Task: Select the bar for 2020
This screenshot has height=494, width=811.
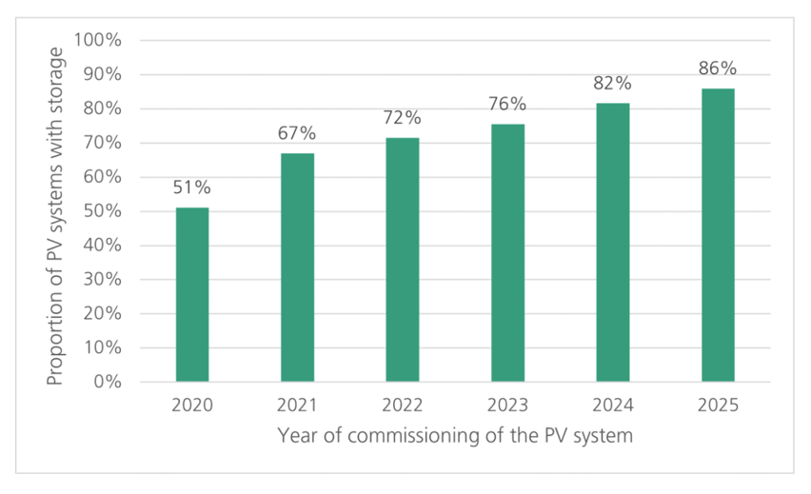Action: pyautogui.click(x=192, y=295)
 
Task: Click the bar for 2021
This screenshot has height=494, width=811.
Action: pyautogui.click(x=297, y=267)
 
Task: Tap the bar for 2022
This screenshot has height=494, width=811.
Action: pyautogui.click(x=403, y=260)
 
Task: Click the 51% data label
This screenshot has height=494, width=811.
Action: pyautogui.click(x=191, y=188)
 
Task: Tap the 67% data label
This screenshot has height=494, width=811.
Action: pyautogui.click(x=297, y=133)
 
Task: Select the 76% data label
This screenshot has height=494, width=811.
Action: pyautogui.click(x=507, y=104)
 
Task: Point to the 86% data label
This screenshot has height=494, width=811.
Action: pyautogui.click(x=718, y=69)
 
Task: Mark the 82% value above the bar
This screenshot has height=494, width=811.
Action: pyautogui.click(x=613, y=83)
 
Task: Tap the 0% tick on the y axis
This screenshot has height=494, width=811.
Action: pyautogui.click(x=109, y=383)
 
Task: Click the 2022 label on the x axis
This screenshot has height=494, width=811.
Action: pyautogui.click(x=403, y=405)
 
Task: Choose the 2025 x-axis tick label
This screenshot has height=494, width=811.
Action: pyautogui.click(x=718, y=405)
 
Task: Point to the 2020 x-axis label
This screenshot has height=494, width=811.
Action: pyautogui.click(x=192, y=405)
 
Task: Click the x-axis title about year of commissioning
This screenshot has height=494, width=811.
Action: pyautogui.click(x=455, y=436)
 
